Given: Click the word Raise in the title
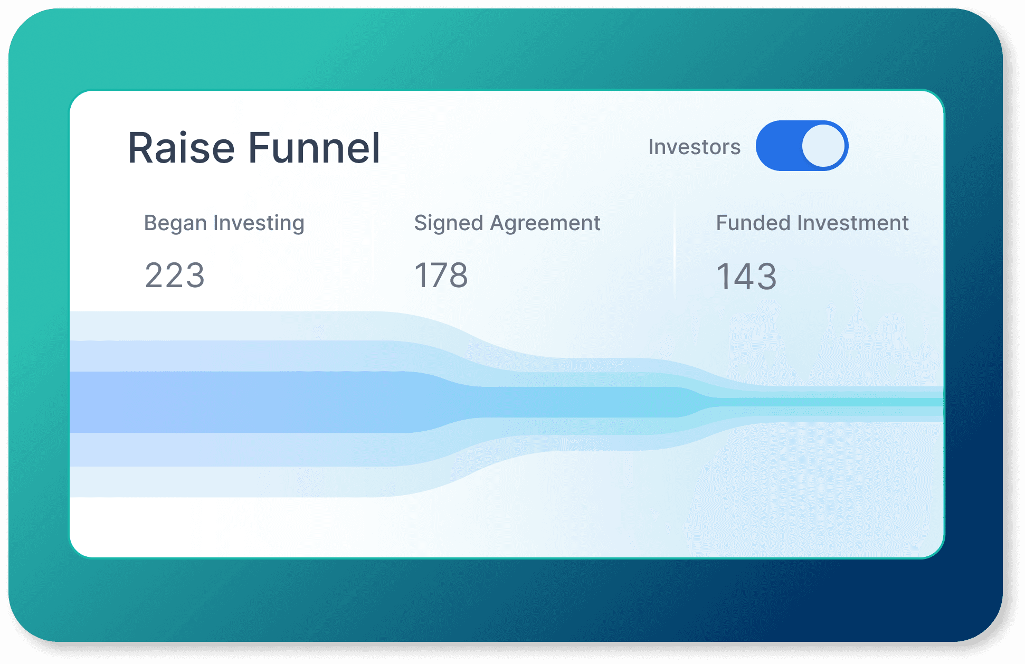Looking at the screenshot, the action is pos(181,148).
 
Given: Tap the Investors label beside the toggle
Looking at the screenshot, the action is pos(694,147).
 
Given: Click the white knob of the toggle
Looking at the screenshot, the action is pos(823,146).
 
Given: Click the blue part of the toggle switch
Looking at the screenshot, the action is pos(779,146).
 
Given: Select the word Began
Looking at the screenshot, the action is pos(175,224).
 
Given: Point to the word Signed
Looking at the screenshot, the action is pos(449,224).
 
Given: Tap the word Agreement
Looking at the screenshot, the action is pos(545,224).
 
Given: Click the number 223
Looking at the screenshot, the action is pos(175,276).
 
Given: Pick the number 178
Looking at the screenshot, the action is pos(441,276).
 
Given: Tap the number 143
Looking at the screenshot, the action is pos(746,277).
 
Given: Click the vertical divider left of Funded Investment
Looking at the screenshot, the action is pos(675,251).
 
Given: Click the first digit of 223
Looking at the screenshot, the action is pos(154,276).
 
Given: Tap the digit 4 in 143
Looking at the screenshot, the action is pos(746,277).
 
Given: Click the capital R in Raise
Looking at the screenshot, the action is pos(141,148).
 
